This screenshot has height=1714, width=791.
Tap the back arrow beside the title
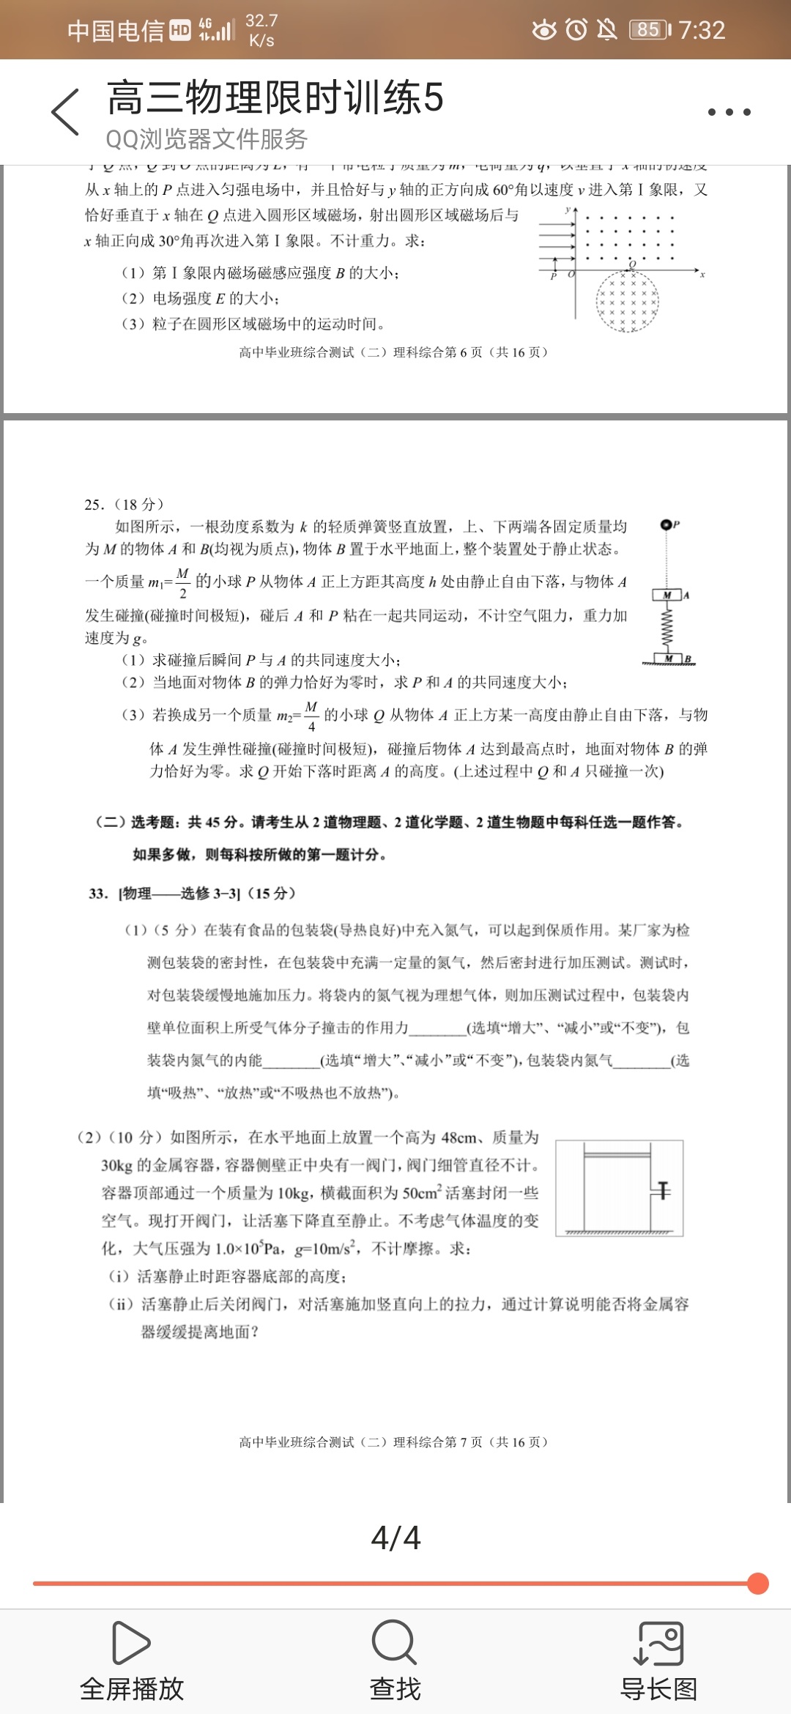(x=65, y=112)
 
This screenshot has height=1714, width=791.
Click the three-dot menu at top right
(x=729, y=112)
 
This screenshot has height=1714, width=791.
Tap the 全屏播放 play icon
(x=131, y=1642)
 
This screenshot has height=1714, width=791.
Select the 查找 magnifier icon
(x=394, y=1642)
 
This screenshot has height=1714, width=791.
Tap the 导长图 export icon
(x=658, y=1642)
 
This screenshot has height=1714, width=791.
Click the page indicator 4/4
(x=395, y=1537)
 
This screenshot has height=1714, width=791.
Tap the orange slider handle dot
(x=758, y=1584)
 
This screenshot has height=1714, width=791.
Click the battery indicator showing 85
(x=649, y=30)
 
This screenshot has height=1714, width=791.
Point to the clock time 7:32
(x=701, y=30)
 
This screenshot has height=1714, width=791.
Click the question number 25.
(x=94, y=505)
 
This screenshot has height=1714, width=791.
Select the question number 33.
(x=98, y=894)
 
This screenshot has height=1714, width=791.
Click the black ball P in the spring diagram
(x=666, y=524)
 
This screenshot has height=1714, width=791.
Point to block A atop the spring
(x=667, y=595)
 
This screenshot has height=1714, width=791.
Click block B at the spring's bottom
(x=669, y=658)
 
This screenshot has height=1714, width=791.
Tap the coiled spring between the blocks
(x=667, y=627)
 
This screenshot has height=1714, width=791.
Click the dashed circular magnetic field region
(x=627, y=302)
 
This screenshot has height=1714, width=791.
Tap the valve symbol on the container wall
(x=662, y=1190)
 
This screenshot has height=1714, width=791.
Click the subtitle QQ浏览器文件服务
(x=207, y=138)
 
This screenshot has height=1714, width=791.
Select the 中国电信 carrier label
(x=115, y=31)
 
